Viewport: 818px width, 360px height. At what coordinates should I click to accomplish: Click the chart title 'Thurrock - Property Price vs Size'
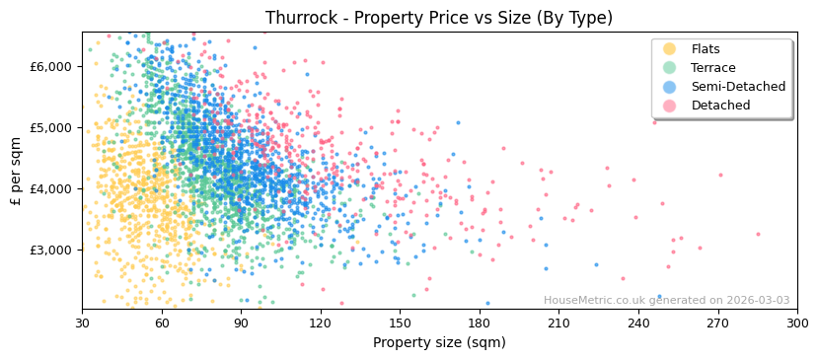tap(438, 18)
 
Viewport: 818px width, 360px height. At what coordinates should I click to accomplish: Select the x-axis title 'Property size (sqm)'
tap(438, 342)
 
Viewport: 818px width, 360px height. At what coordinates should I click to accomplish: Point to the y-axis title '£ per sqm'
tap(16, 171)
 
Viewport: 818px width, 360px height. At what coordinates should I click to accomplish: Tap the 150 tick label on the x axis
tap(399, 323)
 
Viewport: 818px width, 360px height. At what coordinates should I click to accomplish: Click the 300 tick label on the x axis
tap(796, 323)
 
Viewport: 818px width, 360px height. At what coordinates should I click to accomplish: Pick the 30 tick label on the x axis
tap(82, 323)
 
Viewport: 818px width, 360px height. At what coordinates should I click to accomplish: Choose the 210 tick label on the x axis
tap(558, 323)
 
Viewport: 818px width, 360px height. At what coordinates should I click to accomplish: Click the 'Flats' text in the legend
tap(706, 49)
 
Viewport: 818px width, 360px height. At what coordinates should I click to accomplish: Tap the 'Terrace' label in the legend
tap(712, 68)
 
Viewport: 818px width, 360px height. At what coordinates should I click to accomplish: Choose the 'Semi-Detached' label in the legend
tap(738, 87)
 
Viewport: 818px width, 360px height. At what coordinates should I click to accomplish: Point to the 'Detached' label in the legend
tap(720, 106)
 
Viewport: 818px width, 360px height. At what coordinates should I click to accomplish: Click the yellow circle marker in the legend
tap(670, 49)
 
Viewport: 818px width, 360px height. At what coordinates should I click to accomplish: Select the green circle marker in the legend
tap(670, 68)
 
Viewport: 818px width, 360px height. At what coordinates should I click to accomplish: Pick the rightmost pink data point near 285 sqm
tap(758, 234)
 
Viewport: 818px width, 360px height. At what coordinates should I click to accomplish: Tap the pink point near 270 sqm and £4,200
tap(720, 176)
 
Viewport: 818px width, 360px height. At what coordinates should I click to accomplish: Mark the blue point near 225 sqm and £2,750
tap(596, 264)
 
